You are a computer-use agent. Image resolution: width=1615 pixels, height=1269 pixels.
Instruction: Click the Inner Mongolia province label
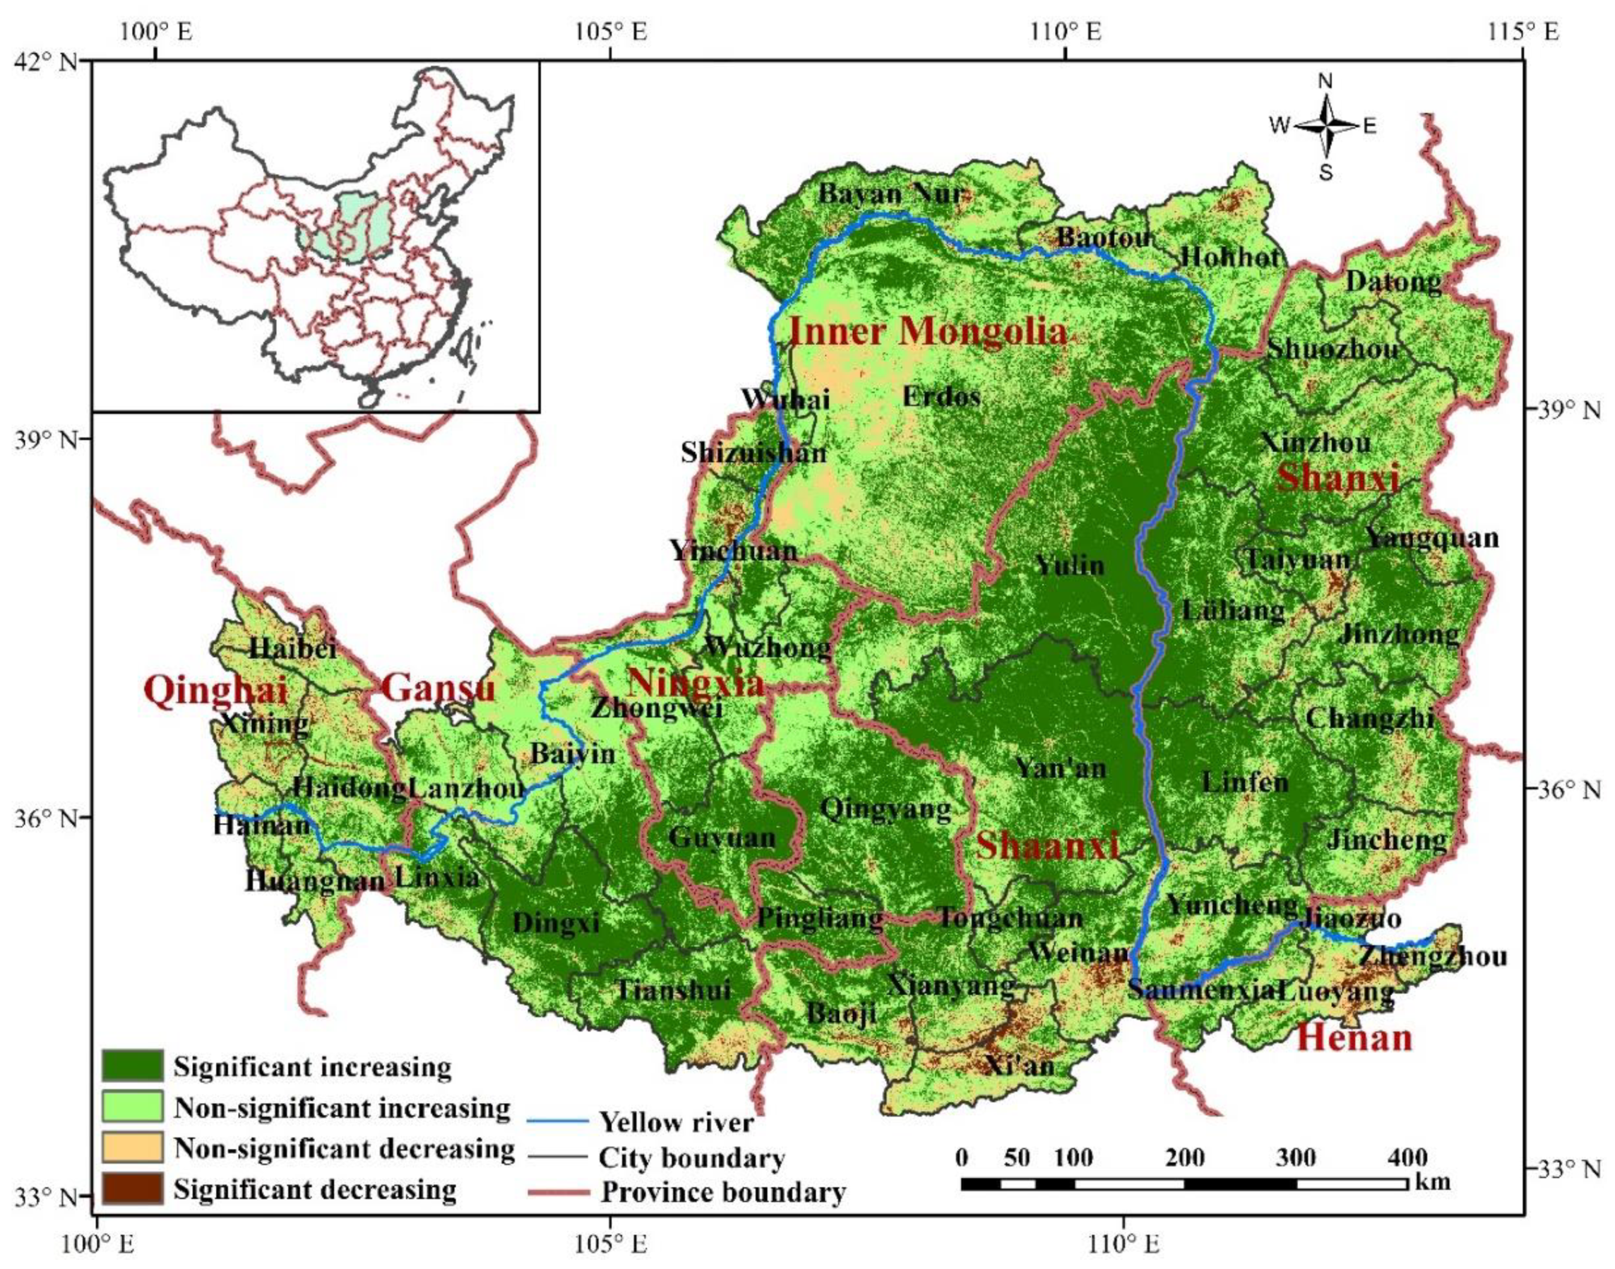[x=927, y=331]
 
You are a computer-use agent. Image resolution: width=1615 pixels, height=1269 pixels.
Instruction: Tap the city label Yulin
[x=1070, y=566]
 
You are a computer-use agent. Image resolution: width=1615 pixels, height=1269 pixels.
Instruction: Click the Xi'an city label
[x=1020, y=1065]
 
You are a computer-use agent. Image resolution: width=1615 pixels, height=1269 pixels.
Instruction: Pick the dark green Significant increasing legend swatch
[x=132, y=1066]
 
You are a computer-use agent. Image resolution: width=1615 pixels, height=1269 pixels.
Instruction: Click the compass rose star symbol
[x=1325, y=126]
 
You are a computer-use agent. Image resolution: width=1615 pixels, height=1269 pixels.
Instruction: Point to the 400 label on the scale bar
[x=1407, y=1158]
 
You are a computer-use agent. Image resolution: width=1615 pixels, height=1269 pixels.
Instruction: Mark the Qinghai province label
[x=216, y=690]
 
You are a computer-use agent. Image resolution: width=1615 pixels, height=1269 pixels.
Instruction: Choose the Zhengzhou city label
[x=1433, y=955]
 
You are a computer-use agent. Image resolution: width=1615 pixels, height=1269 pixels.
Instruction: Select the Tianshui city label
[x=673, y=990]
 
